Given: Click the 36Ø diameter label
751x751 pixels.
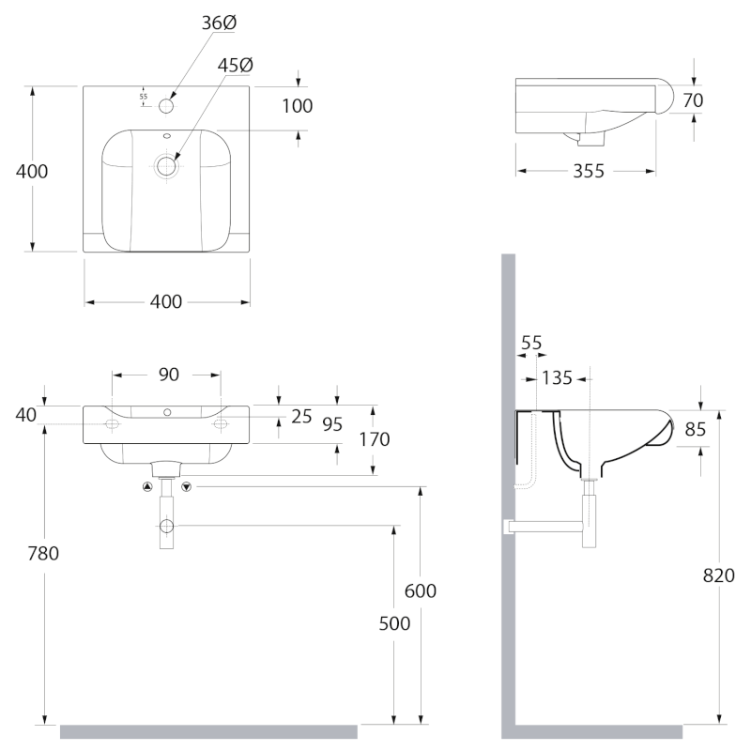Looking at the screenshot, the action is (219, 23).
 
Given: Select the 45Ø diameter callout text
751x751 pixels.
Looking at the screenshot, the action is (236, 65).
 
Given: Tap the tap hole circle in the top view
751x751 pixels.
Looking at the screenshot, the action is (166, 106).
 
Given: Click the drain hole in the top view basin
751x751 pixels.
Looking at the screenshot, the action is (166, 166).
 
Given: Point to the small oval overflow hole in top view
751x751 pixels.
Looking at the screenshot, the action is (167, 135).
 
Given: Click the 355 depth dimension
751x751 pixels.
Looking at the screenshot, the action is (589, 171).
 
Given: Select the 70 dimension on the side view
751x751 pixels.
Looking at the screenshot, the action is (693, 100).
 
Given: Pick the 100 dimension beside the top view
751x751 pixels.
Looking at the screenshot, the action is (297, 106).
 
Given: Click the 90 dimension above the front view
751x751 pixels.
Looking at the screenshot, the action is (169, 375).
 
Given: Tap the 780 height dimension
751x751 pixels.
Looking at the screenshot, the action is (43, 553).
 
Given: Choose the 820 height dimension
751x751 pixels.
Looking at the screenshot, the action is (718, 575).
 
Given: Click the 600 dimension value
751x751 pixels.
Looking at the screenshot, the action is (420, 591).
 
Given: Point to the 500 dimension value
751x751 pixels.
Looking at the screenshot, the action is (394, 623).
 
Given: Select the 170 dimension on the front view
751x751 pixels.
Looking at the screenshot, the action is (374, 439).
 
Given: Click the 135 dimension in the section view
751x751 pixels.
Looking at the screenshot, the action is (557, 378).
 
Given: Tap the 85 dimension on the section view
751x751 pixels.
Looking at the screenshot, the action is (695, 430).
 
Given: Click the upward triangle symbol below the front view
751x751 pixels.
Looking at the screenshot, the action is (147, 486).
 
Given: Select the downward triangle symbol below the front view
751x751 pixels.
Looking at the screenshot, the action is (186, 486).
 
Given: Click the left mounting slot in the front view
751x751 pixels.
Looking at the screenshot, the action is (112, 424).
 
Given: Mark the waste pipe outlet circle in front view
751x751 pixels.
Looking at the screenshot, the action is (166, 526).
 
